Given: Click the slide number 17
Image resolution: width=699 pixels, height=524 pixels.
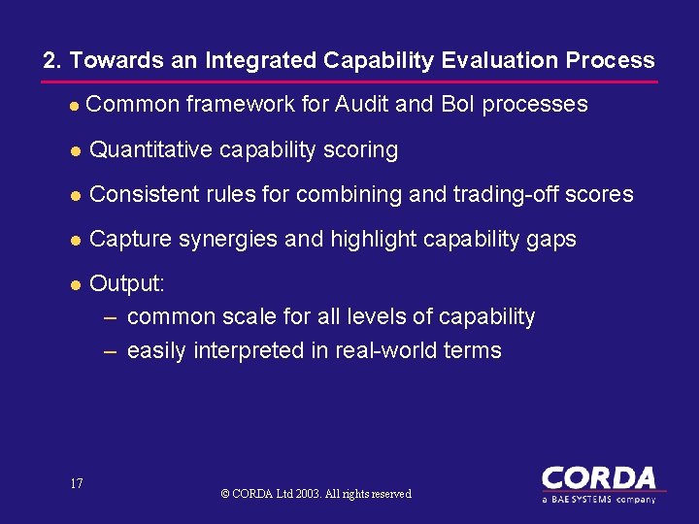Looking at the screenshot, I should click(77, 483).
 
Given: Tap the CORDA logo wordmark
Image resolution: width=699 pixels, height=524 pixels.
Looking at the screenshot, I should click(598, 478).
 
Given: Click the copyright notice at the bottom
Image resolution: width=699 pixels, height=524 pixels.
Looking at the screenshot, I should click(316, 494).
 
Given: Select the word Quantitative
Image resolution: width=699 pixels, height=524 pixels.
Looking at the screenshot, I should click(150, 149).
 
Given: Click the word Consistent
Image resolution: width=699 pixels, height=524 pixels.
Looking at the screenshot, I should click(142, 194).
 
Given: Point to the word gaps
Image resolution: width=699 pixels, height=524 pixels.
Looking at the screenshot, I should click(554, 239).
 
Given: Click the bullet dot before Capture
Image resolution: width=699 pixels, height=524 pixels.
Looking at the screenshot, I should click(74, 240).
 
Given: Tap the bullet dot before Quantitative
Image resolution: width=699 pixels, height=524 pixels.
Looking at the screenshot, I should click(74, 150).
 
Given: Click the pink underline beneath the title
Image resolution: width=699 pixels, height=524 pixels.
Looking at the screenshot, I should click(349, 81).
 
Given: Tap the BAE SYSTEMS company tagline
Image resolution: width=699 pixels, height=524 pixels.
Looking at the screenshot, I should click(598, 498).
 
